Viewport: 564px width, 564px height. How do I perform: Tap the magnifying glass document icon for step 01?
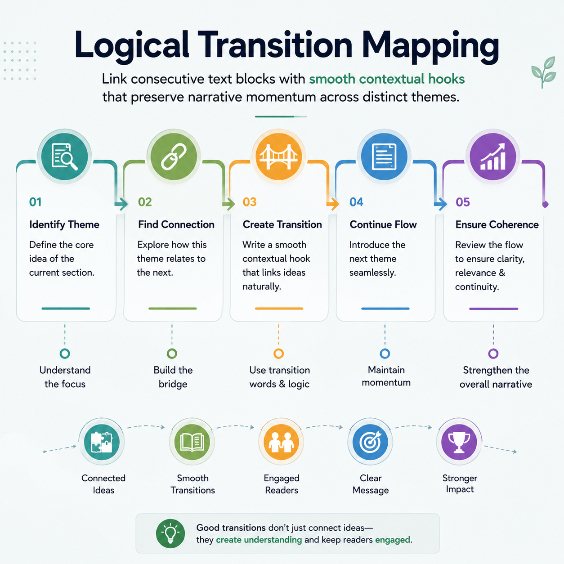point(64,157)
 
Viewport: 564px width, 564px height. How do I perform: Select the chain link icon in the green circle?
point(174,157)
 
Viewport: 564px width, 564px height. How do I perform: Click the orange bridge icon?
point(279,157)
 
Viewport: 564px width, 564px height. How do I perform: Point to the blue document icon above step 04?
point(384,157)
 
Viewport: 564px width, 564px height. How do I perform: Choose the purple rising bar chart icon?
point(493,157)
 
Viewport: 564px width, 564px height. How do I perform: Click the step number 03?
point(249,202)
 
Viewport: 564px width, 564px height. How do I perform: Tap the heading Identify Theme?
point(64,224)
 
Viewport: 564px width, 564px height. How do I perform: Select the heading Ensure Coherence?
point(497,224)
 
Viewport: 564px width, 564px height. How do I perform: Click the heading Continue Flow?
point(383,224)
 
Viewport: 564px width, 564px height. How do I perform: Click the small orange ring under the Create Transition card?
point(279,354)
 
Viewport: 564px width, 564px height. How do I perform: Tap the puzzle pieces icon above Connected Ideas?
point(102,442)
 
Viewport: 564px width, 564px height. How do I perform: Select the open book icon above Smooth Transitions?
point(192,442)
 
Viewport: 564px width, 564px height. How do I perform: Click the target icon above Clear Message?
point(370,442)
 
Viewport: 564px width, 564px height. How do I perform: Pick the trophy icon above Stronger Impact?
point(459,442)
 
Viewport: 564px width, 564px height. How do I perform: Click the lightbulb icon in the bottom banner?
point(170,533)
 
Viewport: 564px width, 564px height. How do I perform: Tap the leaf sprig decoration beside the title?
point(543,72)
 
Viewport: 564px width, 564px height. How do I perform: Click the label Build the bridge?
point(173,377)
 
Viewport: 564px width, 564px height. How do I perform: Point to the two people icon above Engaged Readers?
point(281,442)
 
